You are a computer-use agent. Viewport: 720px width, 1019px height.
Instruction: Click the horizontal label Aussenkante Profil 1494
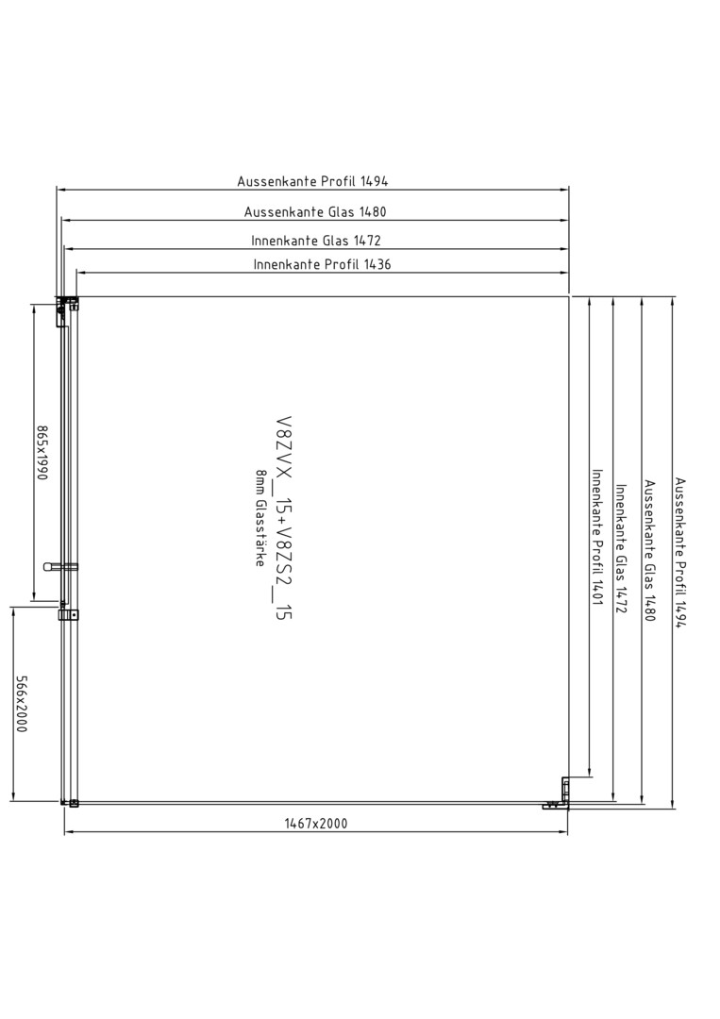pos(312,181)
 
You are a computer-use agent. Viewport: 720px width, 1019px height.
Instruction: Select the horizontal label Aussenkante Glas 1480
pos(315,212)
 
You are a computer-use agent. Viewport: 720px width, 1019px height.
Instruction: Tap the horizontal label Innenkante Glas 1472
pos(316,241)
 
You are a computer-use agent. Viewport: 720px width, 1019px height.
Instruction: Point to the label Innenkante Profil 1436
pos(323,264)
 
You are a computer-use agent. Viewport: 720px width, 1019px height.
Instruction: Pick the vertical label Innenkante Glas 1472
pos(621,548)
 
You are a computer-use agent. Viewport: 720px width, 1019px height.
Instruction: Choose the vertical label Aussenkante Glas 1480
pos(650,550)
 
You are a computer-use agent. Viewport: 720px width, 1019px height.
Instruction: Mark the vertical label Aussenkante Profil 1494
pos(679,553)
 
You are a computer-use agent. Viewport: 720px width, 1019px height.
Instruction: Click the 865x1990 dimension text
pos(42,453)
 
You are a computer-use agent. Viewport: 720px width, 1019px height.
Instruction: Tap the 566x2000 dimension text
pos(22,704)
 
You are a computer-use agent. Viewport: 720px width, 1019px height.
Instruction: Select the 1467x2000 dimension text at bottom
pos(316,824)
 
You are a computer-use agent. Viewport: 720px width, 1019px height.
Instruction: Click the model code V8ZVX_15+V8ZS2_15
pos(284,518)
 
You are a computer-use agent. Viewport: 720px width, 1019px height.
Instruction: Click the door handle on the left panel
pos(59,567)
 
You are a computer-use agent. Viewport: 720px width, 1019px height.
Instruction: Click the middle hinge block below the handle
pos(68,614)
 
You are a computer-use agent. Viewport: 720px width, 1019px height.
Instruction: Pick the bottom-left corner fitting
pos(70,803)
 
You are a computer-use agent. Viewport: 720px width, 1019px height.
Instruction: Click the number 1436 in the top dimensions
pos(378,264)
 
